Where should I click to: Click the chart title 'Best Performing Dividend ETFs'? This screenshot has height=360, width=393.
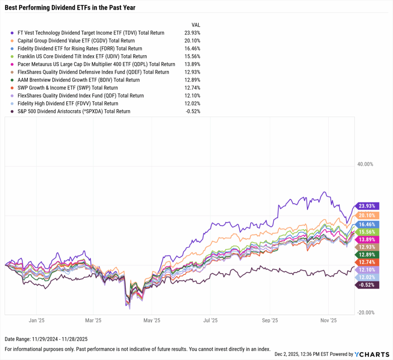(70, 7)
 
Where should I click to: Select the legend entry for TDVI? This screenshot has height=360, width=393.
(91, 33)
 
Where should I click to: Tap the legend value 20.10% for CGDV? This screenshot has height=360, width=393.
(192, 41)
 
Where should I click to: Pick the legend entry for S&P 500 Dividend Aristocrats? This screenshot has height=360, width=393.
(74, 111)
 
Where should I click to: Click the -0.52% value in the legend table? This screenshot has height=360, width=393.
(192, 111)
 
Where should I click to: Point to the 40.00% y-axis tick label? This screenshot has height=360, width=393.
(365, 164)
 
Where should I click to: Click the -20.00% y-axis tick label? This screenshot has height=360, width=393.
(365, 312)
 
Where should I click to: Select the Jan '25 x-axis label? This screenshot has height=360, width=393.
(37, 320)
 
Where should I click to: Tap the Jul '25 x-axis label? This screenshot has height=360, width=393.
(210, 320)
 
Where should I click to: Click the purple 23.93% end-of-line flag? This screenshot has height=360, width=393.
(368, 206)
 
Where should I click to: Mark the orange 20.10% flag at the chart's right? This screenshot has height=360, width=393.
(368, 215)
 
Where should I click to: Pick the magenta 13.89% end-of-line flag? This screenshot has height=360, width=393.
(368, 239)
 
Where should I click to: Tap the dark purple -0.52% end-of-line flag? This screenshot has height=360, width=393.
(368, 284)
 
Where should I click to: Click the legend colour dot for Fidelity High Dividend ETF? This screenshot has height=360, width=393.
(13, 104)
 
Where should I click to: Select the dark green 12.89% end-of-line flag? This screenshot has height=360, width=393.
(368, 255)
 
